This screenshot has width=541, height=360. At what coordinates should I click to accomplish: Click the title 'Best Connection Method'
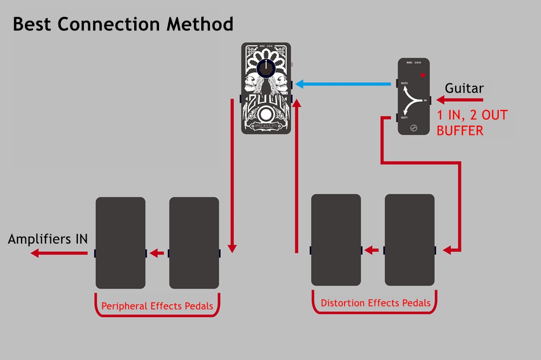click(123, 24)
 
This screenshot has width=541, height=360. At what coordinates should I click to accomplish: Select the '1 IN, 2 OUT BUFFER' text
click(472, 122)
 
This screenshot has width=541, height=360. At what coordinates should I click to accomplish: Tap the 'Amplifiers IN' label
click(48, 239)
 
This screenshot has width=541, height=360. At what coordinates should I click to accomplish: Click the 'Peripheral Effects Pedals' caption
click(157, 306)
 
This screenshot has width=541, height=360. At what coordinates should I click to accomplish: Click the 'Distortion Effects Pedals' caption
click(375, 303)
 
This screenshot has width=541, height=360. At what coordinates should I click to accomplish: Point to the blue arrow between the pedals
click(344, 84)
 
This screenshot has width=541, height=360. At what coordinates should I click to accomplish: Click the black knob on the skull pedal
click(266, 68)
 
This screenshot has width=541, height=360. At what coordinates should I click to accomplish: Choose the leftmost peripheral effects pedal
click(120, 243)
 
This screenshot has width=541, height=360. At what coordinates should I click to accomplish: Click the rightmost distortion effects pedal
click(410, 240)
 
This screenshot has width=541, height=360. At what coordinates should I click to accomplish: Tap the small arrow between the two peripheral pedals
click(157, 253)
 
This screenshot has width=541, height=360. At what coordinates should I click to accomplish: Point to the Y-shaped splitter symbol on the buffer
click(413, 101)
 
